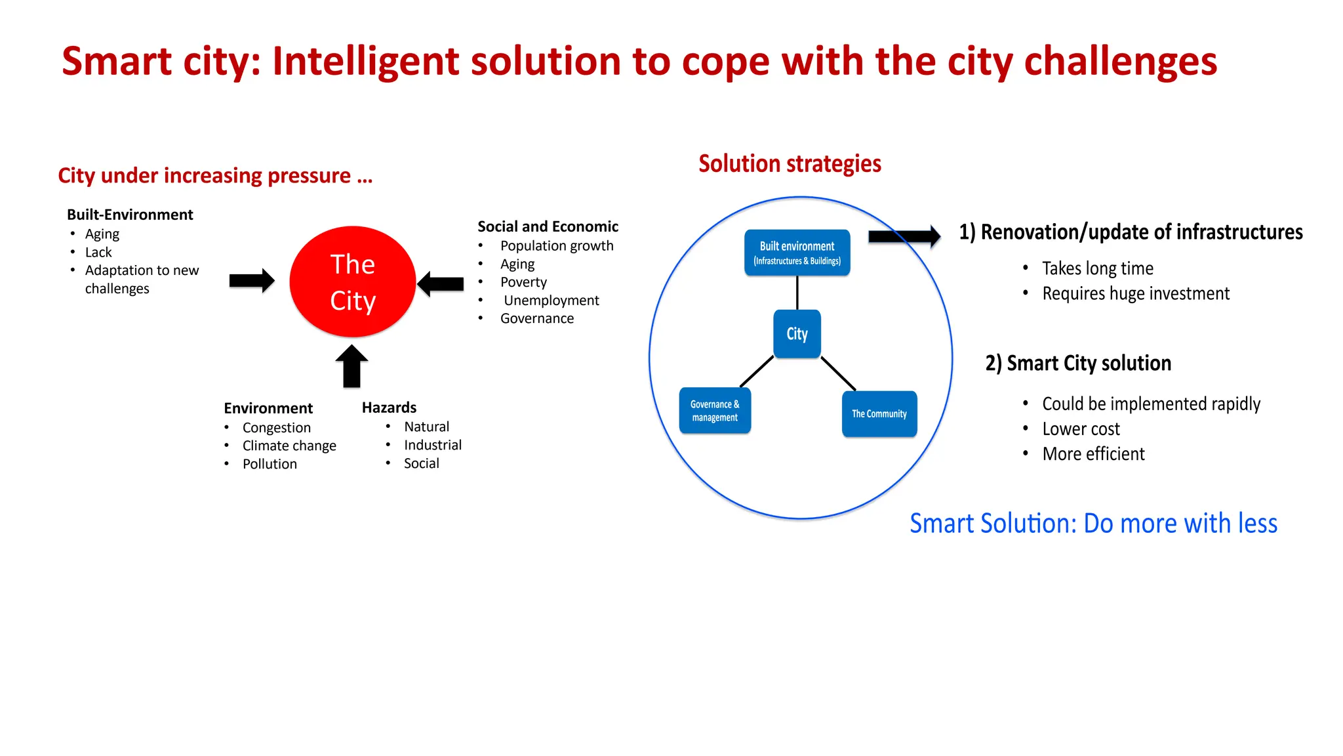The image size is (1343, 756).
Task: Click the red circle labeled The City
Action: click(352, 282)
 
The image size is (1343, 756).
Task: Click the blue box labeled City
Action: click(797, 334)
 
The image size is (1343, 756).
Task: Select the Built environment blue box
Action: click(797, 253)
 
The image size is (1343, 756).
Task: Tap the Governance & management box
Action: click(715, 411)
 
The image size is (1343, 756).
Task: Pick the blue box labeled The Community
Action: click(879, 414)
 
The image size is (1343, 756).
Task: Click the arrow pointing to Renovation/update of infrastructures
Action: click(904, 236)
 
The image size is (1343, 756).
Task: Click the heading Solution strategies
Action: click(790, 163)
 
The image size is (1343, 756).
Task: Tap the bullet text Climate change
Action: click(289, 446)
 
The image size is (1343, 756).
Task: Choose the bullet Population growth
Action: click(557, 245)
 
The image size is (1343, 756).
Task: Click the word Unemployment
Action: click(551, 300)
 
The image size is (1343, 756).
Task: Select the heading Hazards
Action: click(389, 408)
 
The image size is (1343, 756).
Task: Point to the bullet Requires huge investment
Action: click(1135, 293)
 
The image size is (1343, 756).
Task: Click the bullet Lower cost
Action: click(1081, 429)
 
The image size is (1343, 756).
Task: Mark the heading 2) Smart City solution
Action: click(1077, 363)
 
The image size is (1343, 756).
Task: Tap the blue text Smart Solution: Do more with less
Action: click(1093, 523)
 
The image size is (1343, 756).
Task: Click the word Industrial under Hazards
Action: click(432, 445)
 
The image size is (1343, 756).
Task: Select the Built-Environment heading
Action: click(130, 215)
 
